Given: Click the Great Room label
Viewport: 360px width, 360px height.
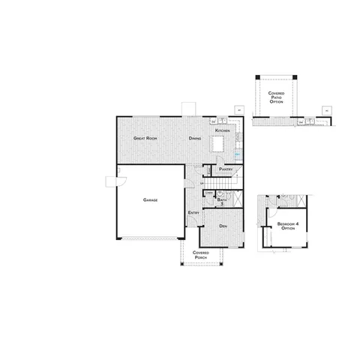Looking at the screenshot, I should coord(145,139).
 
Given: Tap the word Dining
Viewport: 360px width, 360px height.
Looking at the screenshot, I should coord(195,139).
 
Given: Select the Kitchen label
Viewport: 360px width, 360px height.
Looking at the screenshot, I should coord(221,130).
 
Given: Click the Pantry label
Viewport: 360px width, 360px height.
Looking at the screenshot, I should coord(226,169).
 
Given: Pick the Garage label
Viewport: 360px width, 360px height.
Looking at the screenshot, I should coord(148,200).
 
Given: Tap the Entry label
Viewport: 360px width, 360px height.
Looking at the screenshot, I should coord(192,212).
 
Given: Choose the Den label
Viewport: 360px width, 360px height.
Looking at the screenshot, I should coord(223,225).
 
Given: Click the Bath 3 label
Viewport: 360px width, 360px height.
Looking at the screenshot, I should coord(222,200).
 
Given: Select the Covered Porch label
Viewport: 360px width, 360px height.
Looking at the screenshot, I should coord(201,255).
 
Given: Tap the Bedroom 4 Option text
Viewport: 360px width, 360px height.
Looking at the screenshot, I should coord(286,226).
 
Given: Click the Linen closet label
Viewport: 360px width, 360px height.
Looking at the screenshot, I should coord(208,193).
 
